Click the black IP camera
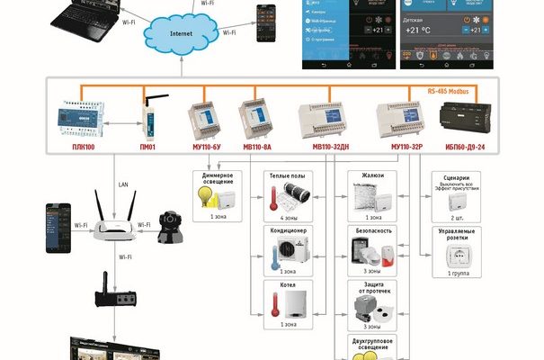pyautogui.click(x=170, y=227)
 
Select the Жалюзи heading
pyautogui.click(x=372, y=175)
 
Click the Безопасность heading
pyautogui.click(x=372, y=230)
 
